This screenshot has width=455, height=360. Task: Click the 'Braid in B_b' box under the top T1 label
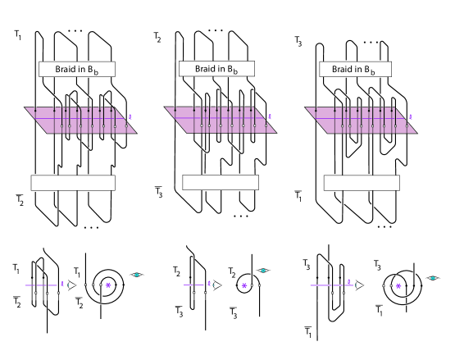(x=77, y=69)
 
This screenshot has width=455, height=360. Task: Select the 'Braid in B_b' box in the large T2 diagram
(x=216, y=69)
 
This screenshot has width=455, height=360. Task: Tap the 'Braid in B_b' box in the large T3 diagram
(x=355, y=69)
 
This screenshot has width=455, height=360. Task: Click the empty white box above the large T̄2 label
(x=73, y=183)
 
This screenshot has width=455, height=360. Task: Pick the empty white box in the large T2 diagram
(x=221, y=182)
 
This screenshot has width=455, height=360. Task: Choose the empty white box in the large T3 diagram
(x=362, y=183)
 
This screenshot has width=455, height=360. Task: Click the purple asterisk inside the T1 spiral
(x=108, y=285)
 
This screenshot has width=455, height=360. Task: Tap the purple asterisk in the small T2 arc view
(x=244, y=286)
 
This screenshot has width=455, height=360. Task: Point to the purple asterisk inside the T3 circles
(x=398, y=286)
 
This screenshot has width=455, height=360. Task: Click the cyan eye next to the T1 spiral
(x=137, y=275)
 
